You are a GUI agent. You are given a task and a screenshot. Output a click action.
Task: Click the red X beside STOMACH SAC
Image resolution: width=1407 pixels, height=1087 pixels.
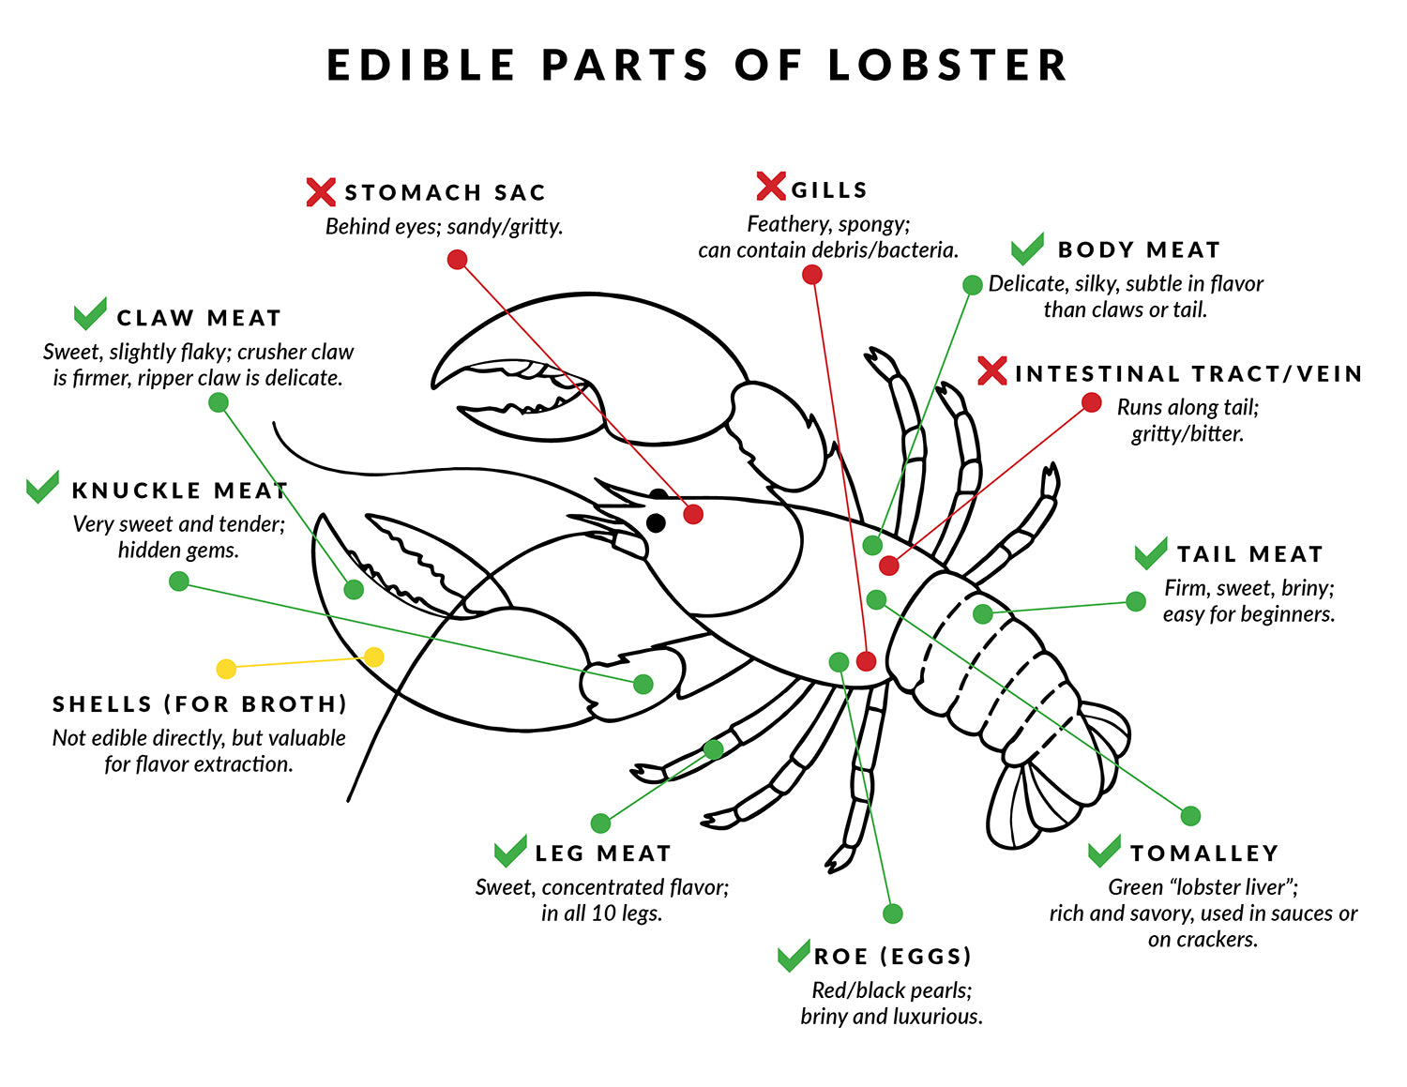pyautogui.click(x=321, y=192)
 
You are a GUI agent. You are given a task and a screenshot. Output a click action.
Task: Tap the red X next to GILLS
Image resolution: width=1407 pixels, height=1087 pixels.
pyautogui.click(x=770, y=187)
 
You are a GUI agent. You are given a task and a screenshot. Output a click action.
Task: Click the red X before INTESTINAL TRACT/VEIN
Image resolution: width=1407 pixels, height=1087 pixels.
pyautogui.click(x=992, y=371)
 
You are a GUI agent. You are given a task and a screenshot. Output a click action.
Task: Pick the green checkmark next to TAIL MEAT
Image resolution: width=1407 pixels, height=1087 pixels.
pyautogui.click(x=1151, y=553)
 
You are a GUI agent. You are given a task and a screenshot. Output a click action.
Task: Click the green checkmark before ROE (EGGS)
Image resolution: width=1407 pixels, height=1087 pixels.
pyautogui.click(x=794, y=955)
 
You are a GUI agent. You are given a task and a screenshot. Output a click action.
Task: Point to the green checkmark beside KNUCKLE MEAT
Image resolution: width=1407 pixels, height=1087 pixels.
pyautogui.click(x=43, y=486)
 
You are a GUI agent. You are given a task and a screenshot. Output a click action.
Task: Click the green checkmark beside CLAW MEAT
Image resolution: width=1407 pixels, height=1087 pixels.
pyautogui.click(x=90, y=313)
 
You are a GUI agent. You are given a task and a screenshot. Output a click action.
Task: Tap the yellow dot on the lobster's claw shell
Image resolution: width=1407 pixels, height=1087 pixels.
pyautogui.click(x=373, y=657)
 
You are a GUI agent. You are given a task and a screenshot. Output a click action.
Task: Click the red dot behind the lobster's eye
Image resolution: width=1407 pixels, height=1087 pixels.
pyautogui.click(x=693, y=514)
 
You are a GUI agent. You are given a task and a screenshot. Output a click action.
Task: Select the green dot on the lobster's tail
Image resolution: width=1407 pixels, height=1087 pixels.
pyautogui.click(x=982, y=613)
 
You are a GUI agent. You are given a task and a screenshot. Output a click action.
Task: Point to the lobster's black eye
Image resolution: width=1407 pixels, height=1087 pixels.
pyautogui.click(x=656, y=522)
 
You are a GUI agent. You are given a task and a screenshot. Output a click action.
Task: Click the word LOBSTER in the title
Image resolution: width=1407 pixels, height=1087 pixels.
pyautogui.click(x=948, y=66)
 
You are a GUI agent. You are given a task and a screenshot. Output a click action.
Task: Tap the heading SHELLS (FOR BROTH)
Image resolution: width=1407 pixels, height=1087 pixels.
pyautogui.click(x=200, y=703)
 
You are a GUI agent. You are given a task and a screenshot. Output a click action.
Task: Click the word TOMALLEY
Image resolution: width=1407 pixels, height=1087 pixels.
pyautogui.click(x=1204, y=853)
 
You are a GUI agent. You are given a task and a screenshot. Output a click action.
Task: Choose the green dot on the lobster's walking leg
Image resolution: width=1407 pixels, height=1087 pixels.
pyautogui.click(x=713, y=749)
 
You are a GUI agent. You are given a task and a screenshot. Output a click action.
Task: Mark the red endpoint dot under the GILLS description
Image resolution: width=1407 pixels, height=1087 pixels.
pyautogui.click(x=812, y=275)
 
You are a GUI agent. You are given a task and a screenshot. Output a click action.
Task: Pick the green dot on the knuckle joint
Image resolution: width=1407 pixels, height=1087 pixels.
pyautogui.click(x=643, y=684)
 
